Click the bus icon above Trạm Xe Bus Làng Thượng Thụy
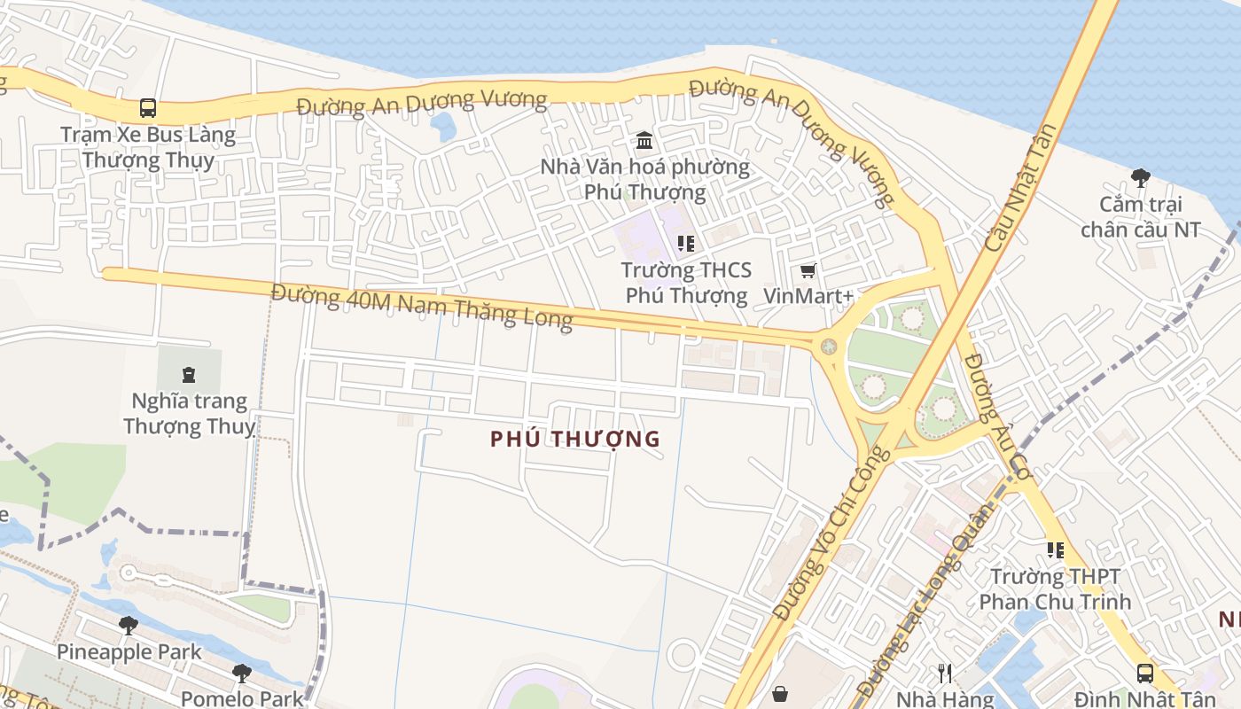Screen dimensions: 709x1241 pos(148,108)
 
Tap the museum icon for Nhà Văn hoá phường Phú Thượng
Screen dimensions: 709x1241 pos(644,141)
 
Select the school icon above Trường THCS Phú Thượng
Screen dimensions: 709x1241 pos(685,243)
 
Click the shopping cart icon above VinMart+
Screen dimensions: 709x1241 pos(808,270)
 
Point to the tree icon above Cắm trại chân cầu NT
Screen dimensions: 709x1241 pos(1141,178)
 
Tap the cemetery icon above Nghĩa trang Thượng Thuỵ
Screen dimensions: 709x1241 pos(188,374)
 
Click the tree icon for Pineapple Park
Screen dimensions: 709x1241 pos(129,626)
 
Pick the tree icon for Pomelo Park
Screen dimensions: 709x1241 pos(241,674)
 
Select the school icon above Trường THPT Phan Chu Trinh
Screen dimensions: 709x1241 pos(1055,550)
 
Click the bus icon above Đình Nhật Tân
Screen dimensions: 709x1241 pos(1145,673)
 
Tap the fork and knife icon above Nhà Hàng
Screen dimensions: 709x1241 pos(945,674)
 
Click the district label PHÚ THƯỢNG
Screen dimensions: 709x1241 pos(575,439)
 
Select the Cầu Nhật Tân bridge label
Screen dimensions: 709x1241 pos(1020,187)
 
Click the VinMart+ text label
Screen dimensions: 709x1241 pos(808,296)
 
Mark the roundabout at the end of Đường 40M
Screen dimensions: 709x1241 pos(829,347)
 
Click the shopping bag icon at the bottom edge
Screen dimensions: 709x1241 pos(780,693)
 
